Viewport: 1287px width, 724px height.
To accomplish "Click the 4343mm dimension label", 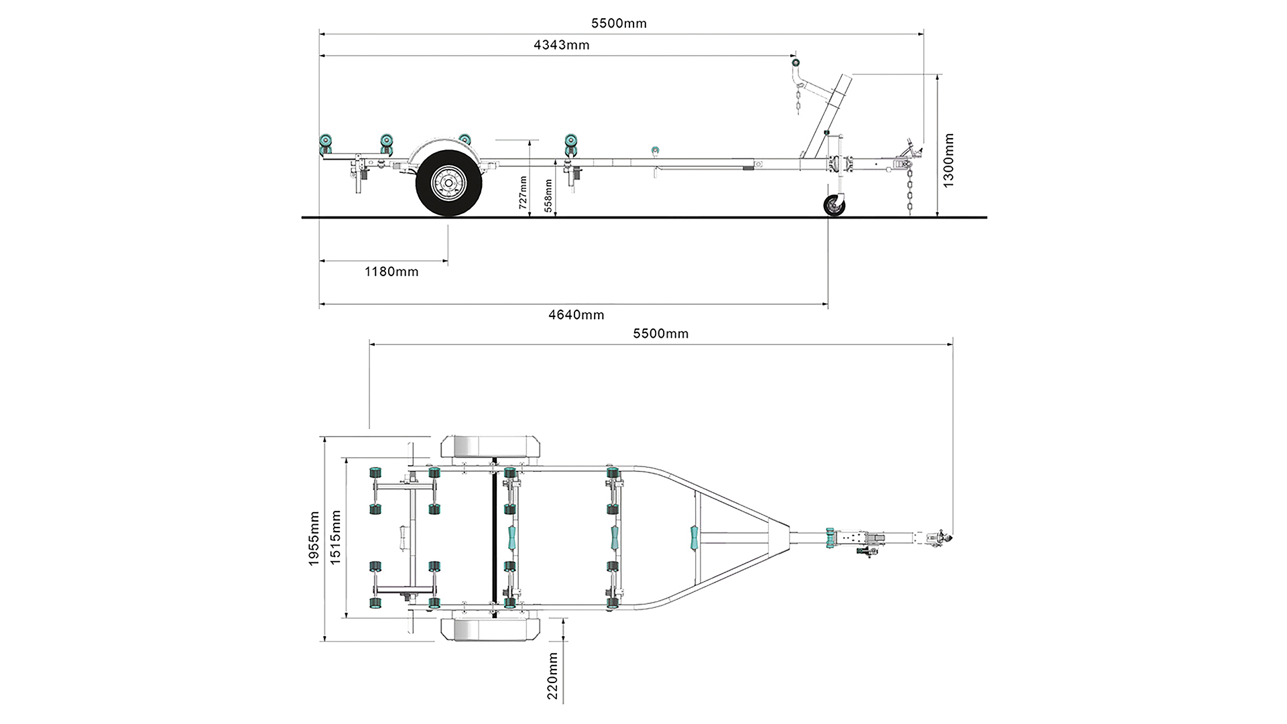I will tap(561, 45).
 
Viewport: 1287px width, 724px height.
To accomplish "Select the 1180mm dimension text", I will tap(391, 271).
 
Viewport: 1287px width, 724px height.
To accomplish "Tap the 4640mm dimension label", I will tap(576, 314).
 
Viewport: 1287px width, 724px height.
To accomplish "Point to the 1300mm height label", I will tap(948, 161).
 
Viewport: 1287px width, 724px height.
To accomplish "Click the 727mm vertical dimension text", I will tap(524, 192).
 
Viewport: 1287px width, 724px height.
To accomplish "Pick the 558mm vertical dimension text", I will tap(548, 196).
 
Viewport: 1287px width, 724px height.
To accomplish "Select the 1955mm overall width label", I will tap(314, 538).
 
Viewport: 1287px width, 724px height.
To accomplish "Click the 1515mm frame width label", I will tap(336, 538).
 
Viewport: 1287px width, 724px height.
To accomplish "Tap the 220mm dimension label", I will tap(552, 676).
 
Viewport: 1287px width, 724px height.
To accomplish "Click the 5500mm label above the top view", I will tap(660, 333).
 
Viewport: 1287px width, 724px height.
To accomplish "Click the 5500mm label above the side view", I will tap(619, 23).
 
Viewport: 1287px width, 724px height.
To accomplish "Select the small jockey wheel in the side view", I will tap(835, 206).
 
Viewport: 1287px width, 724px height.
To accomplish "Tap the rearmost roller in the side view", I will tap(326, 143).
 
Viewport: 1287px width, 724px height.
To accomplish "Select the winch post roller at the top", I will tap(796, 62).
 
